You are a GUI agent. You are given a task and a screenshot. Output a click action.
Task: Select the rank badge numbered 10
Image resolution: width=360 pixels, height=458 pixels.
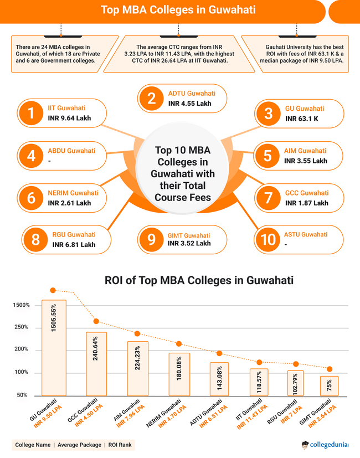268,239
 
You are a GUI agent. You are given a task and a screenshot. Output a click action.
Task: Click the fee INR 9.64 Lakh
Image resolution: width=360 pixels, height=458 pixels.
69,118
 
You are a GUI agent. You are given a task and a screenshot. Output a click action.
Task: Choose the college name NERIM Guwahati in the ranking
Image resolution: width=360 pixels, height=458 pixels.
73,193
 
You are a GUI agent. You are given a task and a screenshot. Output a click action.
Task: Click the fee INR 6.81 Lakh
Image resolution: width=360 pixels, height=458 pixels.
74,244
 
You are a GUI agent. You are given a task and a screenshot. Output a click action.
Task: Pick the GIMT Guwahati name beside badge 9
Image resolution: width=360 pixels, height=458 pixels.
189,235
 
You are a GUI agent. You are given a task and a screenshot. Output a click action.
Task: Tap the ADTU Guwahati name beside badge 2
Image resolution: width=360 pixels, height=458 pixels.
191,93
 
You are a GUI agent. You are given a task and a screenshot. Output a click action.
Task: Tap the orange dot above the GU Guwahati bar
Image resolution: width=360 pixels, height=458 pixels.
53,290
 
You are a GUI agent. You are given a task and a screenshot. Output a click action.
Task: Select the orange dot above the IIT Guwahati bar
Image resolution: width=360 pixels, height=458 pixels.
259,362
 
